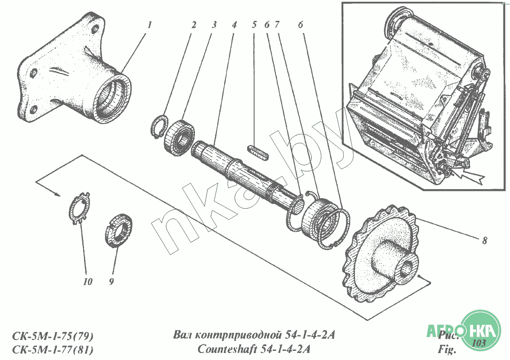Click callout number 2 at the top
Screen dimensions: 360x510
tap(193, 25)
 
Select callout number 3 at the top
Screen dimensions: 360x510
tap(214, 25)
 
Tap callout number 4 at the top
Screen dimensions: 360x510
tap(234, 25)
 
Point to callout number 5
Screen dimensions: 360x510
tap(255, 25)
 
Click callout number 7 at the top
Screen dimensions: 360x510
tap(276, 25)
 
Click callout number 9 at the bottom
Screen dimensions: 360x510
tap(111, 282)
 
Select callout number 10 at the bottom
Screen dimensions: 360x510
tap(88, 282)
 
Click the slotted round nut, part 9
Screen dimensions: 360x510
tap(119, 230)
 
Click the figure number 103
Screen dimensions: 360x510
tap(479, 343)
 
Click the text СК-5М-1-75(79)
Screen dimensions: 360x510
tap(53, 337)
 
